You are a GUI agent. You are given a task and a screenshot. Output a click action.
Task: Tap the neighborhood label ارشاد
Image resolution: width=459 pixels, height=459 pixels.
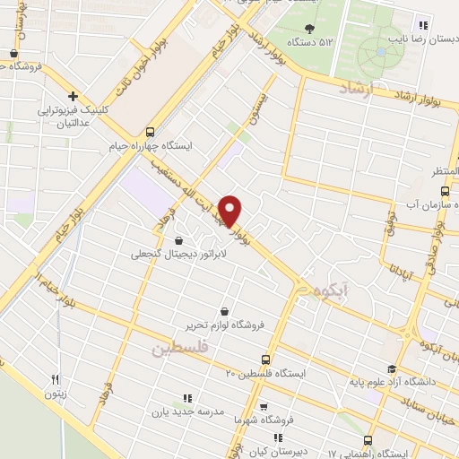(x=357, y=88)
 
